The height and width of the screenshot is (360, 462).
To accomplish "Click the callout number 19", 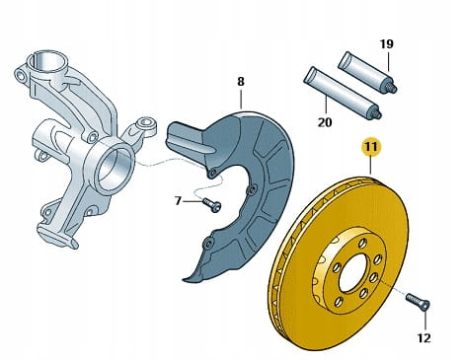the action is click(386, 43).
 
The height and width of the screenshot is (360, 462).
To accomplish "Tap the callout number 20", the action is click(325, 122).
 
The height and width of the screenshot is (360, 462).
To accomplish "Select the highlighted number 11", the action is click(371, 147).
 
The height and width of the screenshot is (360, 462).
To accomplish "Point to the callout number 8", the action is click(241, 82).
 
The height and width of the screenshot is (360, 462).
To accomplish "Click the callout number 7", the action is click(178, 200).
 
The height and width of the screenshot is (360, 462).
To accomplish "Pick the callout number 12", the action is click(423, 338).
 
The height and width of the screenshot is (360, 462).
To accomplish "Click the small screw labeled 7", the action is click(211, 204).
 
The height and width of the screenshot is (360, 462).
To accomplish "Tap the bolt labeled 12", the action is click(418, 302).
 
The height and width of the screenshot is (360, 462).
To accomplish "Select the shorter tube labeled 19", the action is click(368, 72).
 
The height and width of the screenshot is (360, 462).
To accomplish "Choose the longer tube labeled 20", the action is click(343, 93).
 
